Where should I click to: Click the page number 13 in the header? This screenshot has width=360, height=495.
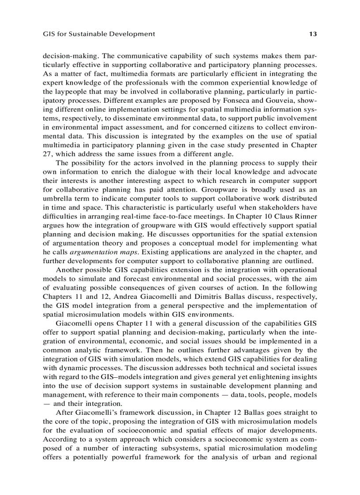pyautogui.click(x=313, y=34)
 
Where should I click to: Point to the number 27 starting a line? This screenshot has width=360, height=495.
pyautogui.click(x=47, y=154)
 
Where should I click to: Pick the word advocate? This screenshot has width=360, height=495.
pyautogui.click(x=303, y=172)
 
